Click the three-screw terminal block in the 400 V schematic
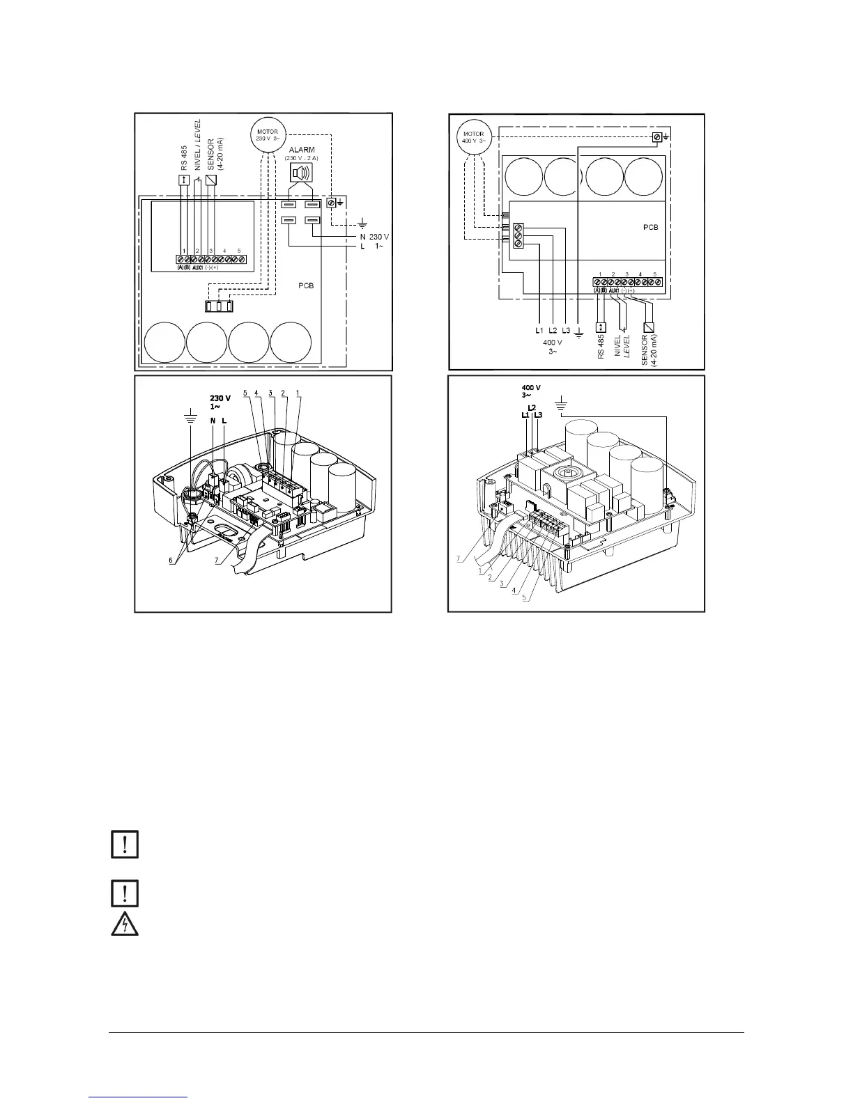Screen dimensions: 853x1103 click(x=518, y=236)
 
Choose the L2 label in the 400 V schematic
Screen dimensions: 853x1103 click(x=553, y=330)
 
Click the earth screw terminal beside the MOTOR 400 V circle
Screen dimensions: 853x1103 click(x=656, y=138)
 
